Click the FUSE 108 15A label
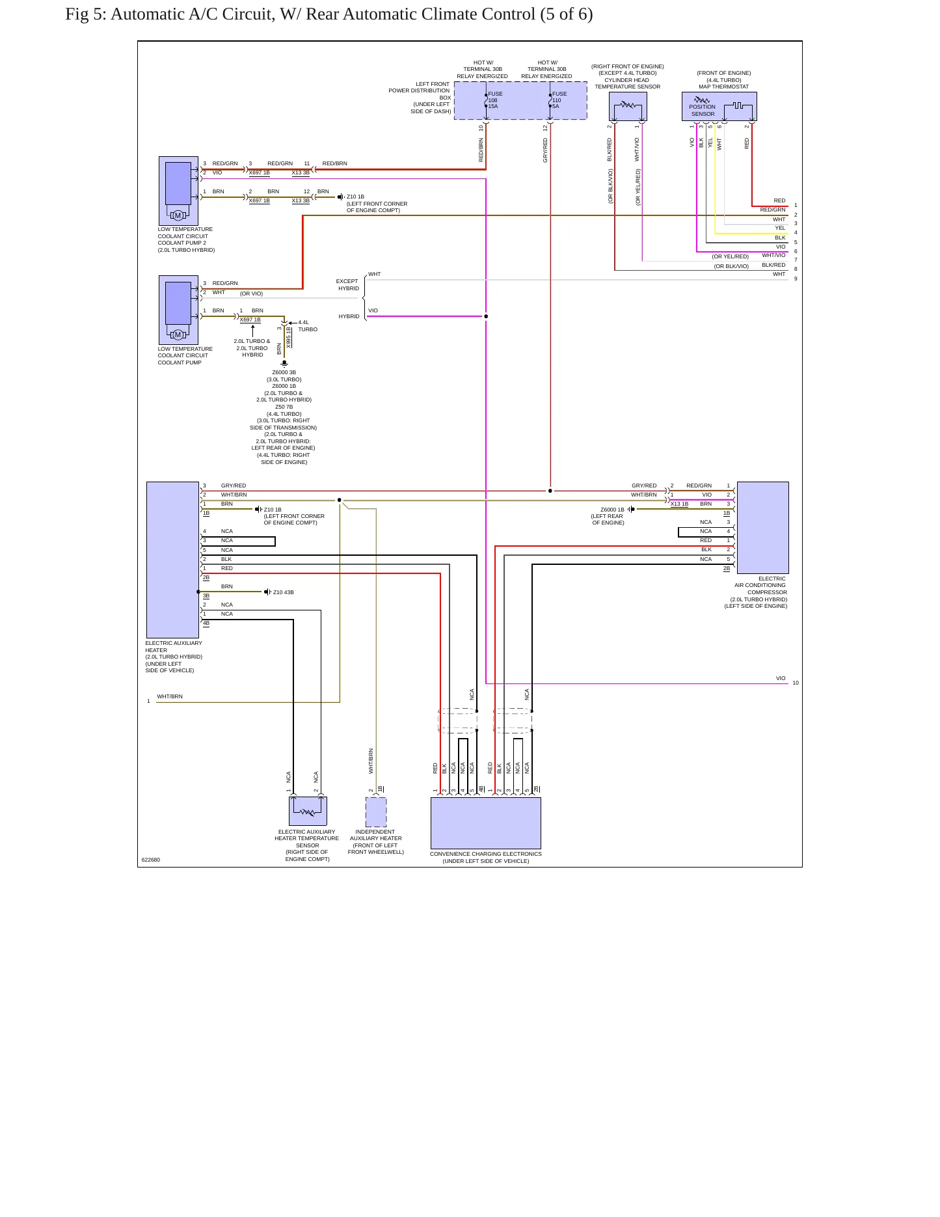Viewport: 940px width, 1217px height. [x=495, y=100]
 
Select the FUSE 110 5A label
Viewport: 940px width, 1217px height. [x=559, y=100]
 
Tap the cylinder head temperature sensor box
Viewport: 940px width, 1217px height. [x=628, y=106]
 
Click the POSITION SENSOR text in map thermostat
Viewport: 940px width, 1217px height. [x=703, y=111]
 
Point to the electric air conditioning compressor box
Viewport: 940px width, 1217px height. [x=762, y=528]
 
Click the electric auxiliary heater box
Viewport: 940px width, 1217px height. [x=172, y=560]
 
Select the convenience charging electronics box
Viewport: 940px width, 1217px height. [x=486, y=823]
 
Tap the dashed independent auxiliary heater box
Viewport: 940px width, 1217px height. [x=376, y=812]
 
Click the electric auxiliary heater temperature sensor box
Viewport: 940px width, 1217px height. [x=308, y=812]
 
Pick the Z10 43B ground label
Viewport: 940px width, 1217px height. [x=283, y=593]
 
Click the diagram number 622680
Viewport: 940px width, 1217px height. [x=151, y=860]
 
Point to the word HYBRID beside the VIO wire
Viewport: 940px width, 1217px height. [x=349, y=316]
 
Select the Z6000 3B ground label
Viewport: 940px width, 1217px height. [x=284, y=373]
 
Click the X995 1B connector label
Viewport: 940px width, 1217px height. [x=288, y=337]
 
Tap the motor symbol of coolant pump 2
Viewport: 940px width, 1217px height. [x=178, y=215]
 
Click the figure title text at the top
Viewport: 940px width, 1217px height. [x=329, y=14]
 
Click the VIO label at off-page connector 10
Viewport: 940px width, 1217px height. [x=781, y=679]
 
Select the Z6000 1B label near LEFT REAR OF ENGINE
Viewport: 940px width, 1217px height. [x=612, y=510]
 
